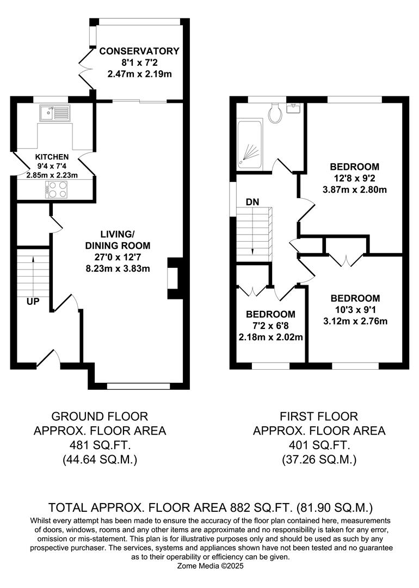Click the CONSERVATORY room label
pyautogui.click(x=139, y=51)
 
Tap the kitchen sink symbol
pyautogui.click(x=54, y=113)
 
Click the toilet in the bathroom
pyautogui.click(x=276, y=113)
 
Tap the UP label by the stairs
pyautogui.click(x=33, y=301)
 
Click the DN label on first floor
pyautogui.click(x=252, y=202)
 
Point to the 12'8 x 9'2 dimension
pyautogui.click(x=355, y=178)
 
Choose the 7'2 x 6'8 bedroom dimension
pyautogui.click(x=270, y=326)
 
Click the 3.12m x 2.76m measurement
pyautogui.click(x=355, y=321)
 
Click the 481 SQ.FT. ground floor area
pyautogui.click(x=100, y=445)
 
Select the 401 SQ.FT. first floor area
pyautogui.click(x=319, y=445)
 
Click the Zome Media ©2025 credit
pyautogui.click(x=209, y=566)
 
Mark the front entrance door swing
pyautogui.click(x=50, y=357)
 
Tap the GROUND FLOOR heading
pyautogui.click(x=100, y=416)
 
